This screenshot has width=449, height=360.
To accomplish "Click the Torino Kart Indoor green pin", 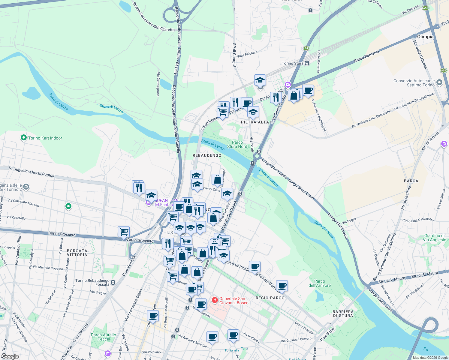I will pyautogui.click(x=24, y=138).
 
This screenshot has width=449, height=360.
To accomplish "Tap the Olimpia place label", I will pyautogui.click(x=425, y=37).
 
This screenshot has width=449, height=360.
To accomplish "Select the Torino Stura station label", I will pyautogui.click(x=292, y=63).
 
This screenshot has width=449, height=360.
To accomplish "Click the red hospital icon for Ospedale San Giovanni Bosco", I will pyautogui.click(x=215, y=300).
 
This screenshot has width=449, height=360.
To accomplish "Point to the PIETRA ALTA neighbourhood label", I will pyautogui.click(x=255, y=122).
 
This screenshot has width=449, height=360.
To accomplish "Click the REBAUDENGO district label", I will pyautogui.click(x=207, y=155).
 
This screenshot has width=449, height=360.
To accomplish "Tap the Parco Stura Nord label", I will pyautogui.click(x=237, y=144).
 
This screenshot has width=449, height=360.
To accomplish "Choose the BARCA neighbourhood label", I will pyautogui.click(x=411, y=181).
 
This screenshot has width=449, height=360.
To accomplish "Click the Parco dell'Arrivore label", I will pyautogui.click(x=320, y=283).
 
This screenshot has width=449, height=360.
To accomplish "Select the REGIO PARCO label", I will pyautogui.click(x=270, y=298).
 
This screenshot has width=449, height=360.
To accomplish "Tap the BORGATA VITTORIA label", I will pyautogui.click(x=77, y=253).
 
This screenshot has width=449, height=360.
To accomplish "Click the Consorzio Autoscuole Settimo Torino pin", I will pyautogui.click(x=439, y=82).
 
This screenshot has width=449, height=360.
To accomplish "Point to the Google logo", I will pyautogui.click(x=10, y=356).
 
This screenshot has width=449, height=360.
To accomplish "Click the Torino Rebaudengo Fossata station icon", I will pyautogui.click(x=113, y=282).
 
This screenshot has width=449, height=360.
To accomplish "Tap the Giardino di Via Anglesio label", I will pyautogui.click(x=434, y=238).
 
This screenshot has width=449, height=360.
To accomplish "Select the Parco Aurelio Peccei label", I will pyautogui.click(x=103, y=337).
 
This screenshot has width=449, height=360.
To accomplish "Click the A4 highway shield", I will pyautogui.click(x=306, y=48).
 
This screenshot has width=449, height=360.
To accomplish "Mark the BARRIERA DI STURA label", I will pyautogui.click(x=343, y=313).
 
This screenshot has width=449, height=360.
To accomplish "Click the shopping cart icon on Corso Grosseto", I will pyautogui.click(x=124, y=232).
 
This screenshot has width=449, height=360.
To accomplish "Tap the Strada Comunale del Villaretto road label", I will pyautogui.click(x=153, y=17).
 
